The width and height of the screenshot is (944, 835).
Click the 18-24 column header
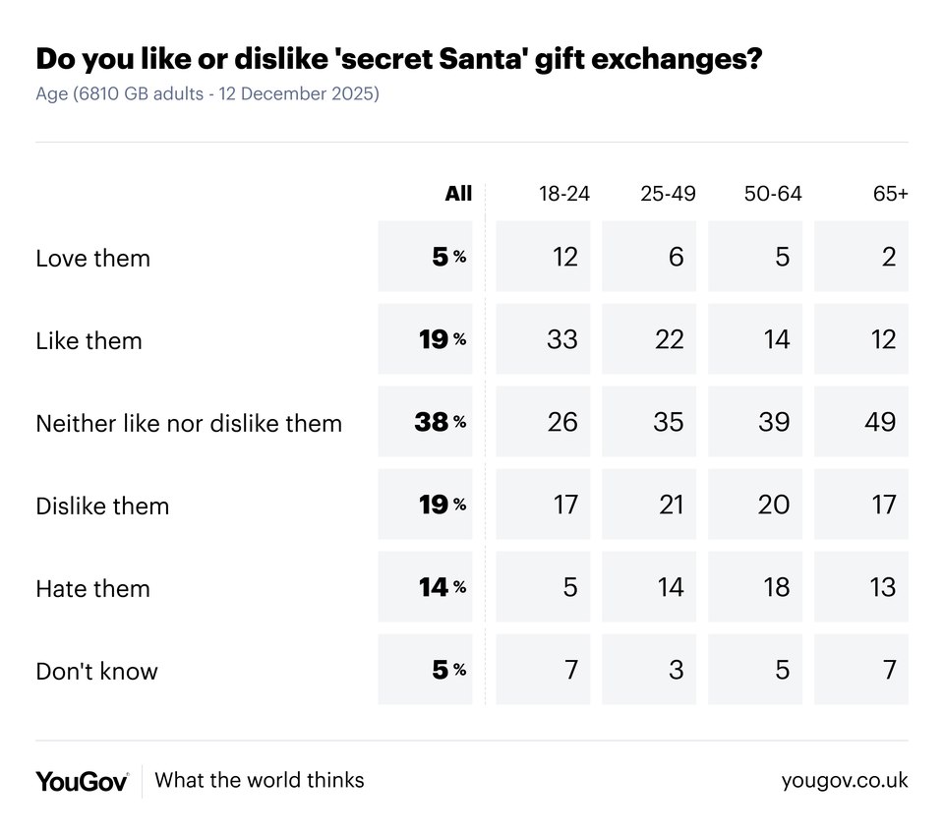pyautogui.click(x=563, y=194)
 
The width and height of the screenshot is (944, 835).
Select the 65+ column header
pyautogui.click(x=890, y=194)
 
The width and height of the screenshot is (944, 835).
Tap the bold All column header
pyautogui.click(x=458, y=194)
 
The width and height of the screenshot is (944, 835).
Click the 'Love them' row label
pyautogui.click(x=92, y=259)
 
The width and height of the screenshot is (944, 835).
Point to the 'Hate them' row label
pyautogui.click(x=92, y=589)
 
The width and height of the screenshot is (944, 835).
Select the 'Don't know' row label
pyautogui.click(x=96, y=672)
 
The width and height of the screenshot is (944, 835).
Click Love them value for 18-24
pyautogui.click(x=563, y=258)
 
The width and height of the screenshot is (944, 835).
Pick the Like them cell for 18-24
pyautogui.click(x=563, y=340)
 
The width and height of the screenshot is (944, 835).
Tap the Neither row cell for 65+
pyautogui.click(x=880, y=423)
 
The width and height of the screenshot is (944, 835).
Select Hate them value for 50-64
pyautogui.click(x=776, y=588)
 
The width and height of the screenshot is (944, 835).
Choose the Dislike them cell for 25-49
pyautogui.click(x=669, y=506)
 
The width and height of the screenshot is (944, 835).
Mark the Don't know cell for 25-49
pyautogui.click(x=676, y=671)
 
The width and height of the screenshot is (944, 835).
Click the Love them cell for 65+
pyautogui.click(x=888, y=258)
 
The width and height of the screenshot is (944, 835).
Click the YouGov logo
pyautogui.click(x=82, y=782)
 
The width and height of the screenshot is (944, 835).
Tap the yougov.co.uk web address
pyautogui.click(x=845, y=781)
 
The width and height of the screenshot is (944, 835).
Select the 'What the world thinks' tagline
pyautogui.click(x=260, y=781)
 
